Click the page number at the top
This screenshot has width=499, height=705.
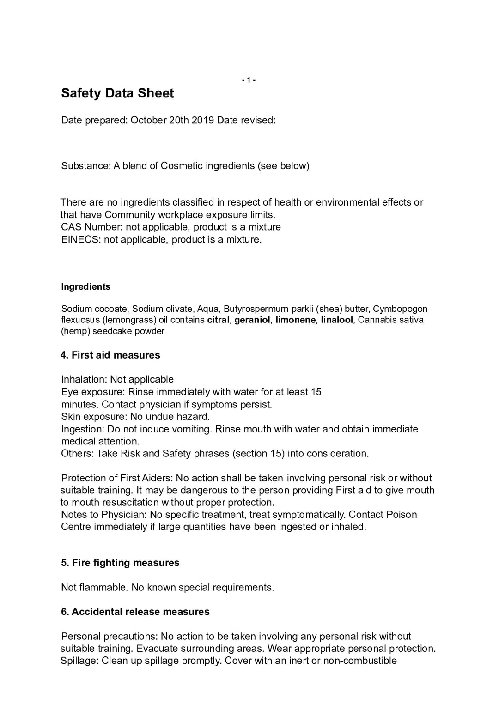[249, 80]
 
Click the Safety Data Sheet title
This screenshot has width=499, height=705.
[117, 93]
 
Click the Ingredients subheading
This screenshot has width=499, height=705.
[85, 287]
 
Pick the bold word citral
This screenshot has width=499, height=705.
[218, 320]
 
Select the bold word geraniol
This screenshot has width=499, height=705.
[252, 320]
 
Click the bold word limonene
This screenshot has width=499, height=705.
[296, 320]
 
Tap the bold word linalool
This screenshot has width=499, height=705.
[337, 320]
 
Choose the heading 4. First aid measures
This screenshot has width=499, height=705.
[110, 355]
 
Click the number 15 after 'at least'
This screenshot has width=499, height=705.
[316, 392]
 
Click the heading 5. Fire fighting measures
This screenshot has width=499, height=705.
[120, 563]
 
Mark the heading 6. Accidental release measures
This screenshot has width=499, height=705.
[135, 612]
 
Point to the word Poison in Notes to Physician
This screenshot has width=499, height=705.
[402, 515]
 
